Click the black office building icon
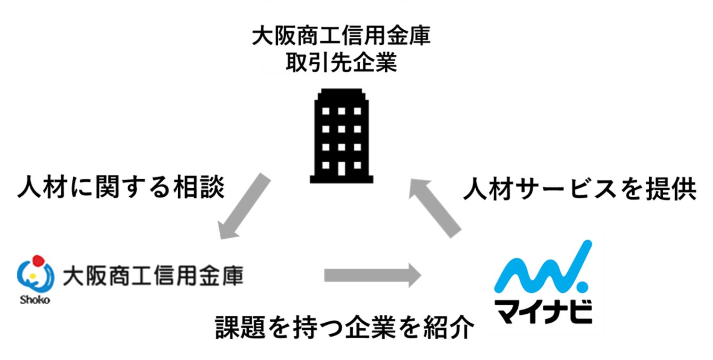pos(341,136)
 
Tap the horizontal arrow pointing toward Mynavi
pos(372,275)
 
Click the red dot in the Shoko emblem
pos(37,261)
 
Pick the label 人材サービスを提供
pos(579,190)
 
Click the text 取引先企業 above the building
pos(341,63)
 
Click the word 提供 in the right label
pos(673,190)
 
